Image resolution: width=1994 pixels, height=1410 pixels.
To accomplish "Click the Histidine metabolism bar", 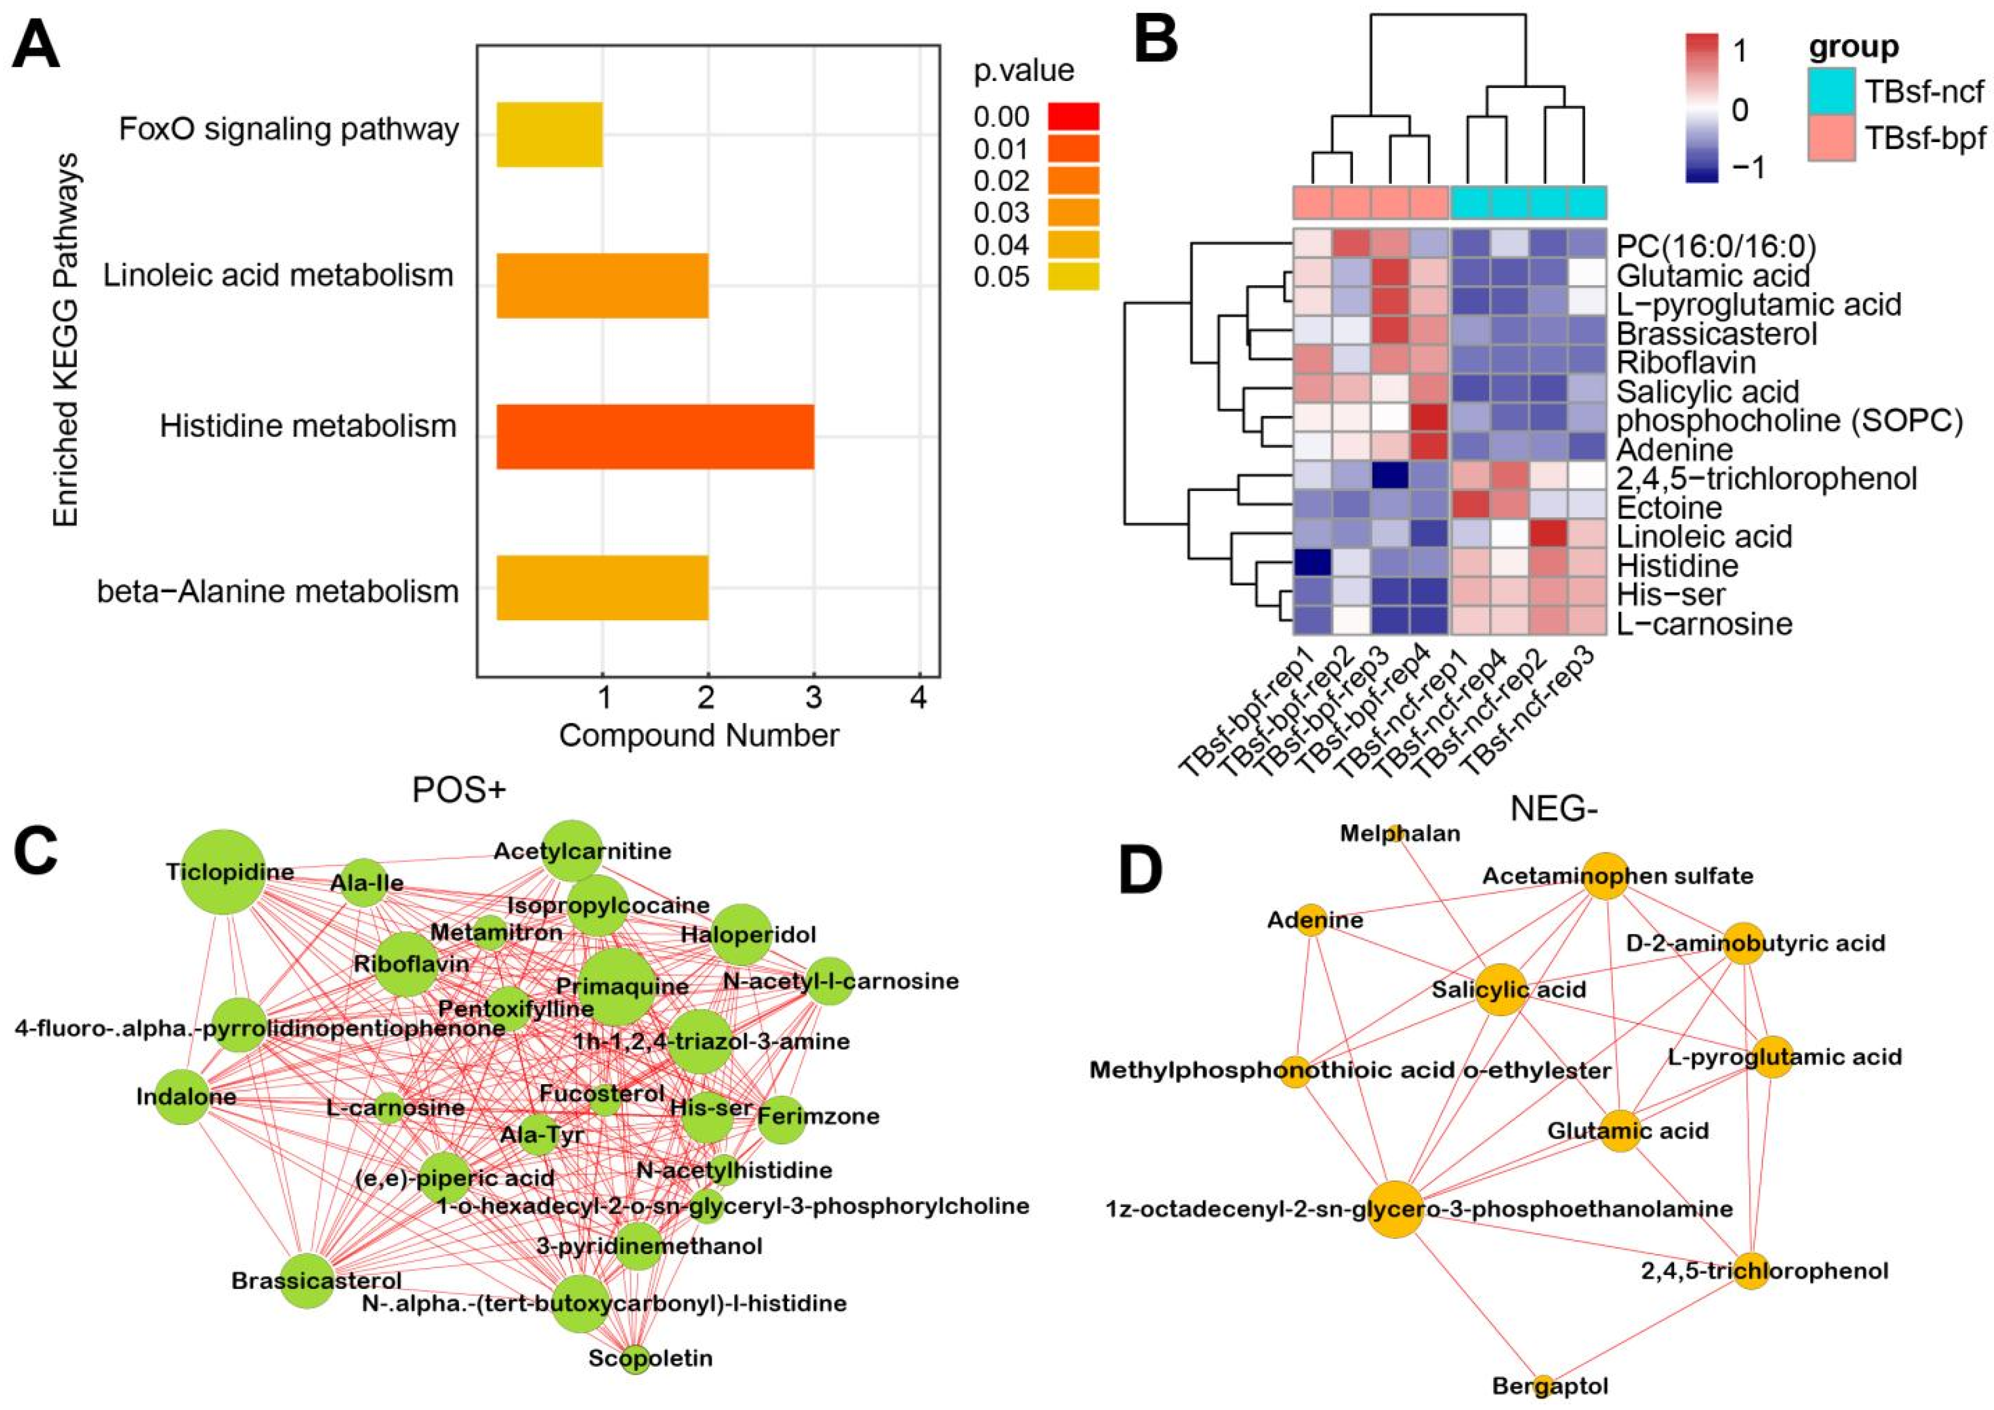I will pyautogui.click(x=655, y=437).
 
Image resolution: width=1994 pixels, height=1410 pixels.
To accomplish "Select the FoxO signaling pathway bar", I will pyautogui.click(x=549, y=134).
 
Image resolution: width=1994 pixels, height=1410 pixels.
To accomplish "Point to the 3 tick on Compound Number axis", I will pyautogui.click(x=813, y=697).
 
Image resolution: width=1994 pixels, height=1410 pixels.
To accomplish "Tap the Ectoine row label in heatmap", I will pyautogui.click(x=1668, y=508).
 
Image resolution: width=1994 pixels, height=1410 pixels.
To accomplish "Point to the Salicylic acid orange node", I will pyautogui.click(x=1501, y=989).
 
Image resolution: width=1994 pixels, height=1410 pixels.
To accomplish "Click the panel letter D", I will pyautogui.click(x=1140, y=873).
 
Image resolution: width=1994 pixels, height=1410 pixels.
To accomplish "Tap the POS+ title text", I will pyautogui.click(x=459, y=790).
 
